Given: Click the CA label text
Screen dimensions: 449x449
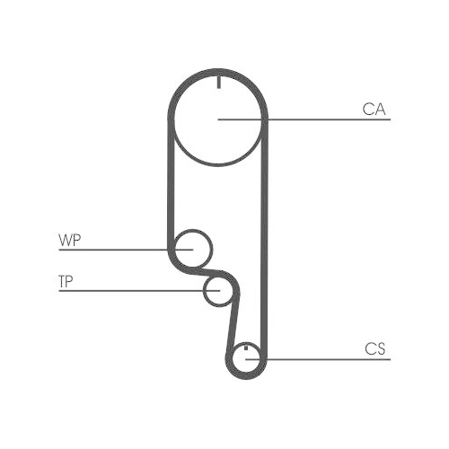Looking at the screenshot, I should click(374, 110).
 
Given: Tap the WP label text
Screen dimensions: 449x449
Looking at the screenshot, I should click(68, 240).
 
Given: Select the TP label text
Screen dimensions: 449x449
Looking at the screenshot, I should click(65, 282).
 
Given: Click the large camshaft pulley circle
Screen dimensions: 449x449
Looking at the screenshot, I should click(218, 126).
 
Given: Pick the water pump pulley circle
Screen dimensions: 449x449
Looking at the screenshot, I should click(192, 247).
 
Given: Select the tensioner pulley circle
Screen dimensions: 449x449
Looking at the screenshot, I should click(217, 290).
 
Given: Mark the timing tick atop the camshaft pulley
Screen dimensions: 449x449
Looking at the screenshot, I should click(218, 84).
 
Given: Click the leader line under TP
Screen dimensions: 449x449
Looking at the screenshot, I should click(135, 291).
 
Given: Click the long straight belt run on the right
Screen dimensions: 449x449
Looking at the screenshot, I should click(266, 233).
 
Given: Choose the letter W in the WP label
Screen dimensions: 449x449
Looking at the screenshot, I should click(65, 240).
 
